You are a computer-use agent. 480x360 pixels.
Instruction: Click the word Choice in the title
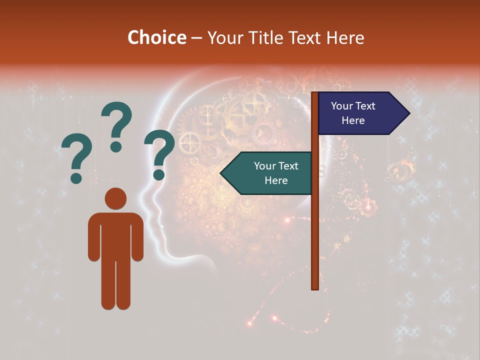point(156,38)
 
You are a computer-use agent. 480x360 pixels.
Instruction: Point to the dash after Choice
point(196,38)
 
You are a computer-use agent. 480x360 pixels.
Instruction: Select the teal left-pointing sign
point(270,173)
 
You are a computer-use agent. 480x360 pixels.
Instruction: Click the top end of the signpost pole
point(315,94)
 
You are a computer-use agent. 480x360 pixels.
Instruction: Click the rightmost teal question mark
point(159,154)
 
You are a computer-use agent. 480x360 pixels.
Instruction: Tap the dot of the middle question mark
point(116,146)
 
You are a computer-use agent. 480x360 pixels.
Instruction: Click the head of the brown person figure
point(115,198)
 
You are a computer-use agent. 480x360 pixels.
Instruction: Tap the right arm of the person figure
point(137,237)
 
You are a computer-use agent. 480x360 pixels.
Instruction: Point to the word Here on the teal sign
point(276,180)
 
